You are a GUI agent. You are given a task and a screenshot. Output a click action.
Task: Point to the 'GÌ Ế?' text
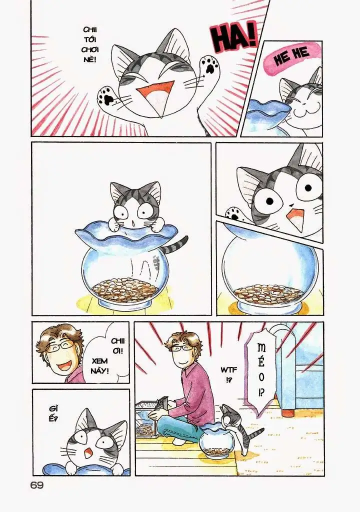tap(53, 413)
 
